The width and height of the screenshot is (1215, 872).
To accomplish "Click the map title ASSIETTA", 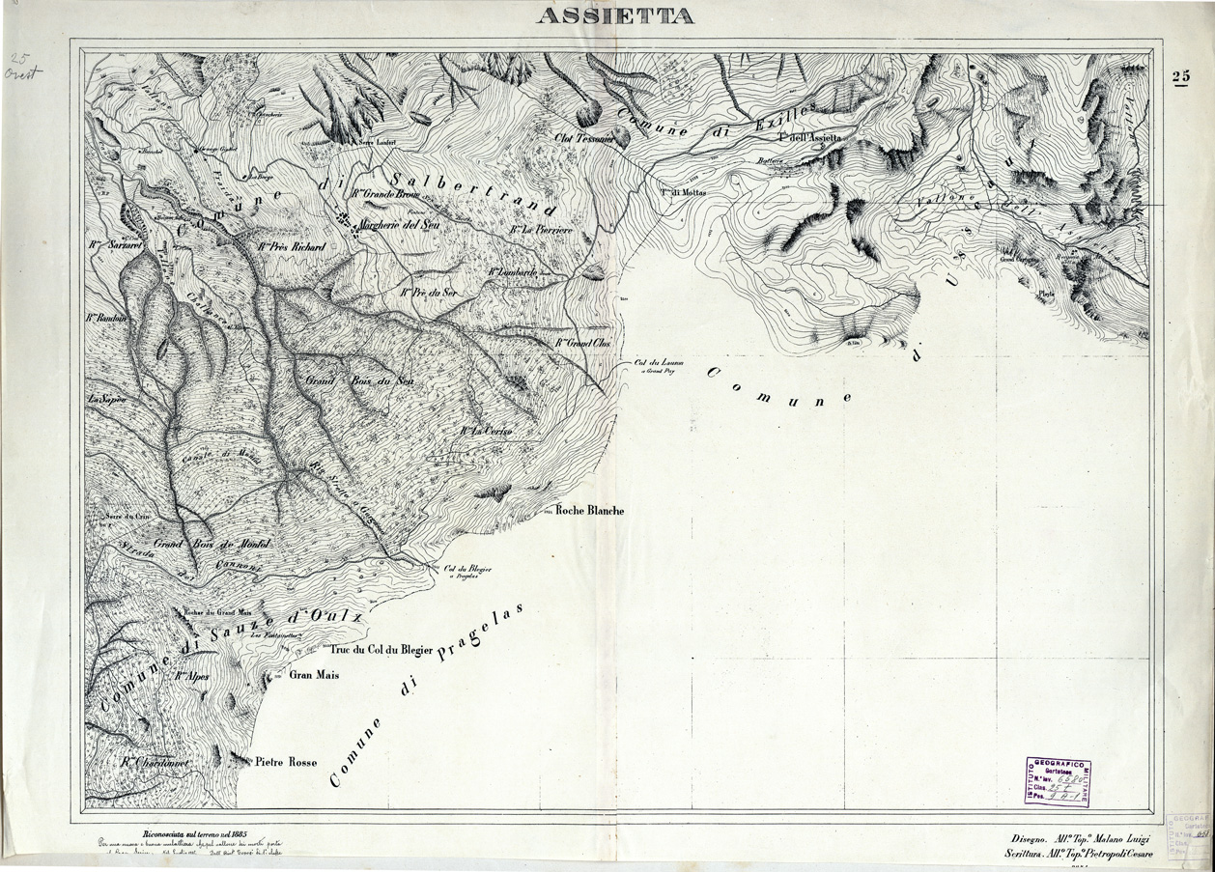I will coord(614,15).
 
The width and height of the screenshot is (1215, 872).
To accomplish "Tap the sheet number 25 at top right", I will coord(1180,77).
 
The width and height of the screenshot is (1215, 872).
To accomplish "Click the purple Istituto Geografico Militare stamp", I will coord(1057,780).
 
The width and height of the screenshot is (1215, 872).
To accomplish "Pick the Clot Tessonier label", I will coord(584,138).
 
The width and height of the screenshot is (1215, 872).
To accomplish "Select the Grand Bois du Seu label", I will coord(359,380).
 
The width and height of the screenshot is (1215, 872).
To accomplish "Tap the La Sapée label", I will coord(107,398).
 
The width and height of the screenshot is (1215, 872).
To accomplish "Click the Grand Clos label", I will coord(584,343).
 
